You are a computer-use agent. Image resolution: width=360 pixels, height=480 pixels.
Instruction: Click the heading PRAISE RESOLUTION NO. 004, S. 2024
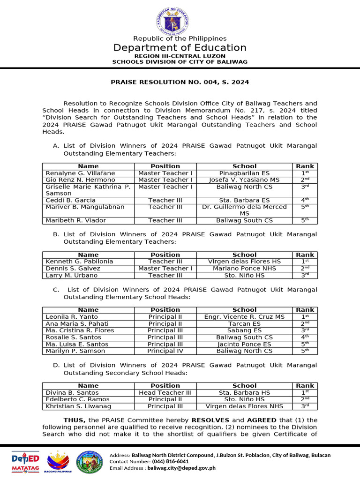(x=180, y=82)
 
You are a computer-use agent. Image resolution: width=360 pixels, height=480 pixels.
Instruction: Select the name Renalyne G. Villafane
(x=80, y=173)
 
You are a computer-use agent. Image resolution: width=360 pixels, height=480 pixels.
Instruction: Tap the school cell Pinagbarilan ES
(x=244, y=173)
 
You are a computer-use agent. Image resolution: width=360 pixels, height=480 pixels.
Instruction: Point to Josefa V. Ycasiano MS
(x=244, y=180)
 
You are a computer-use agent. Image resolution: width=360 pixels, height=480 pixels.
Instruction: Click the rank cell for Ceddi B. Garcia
(x=305, y=200)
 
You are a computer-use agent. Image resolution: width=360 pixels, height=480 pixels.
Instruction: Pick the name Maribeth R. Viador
(x=75, y=220)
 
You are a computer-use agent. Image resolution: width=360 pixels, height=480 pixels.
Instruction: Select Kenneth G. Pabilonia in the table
(x=79, y=262)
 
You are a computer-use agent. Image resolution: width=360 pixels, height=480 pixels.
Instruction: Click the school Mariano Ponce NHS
(x=244, y=269)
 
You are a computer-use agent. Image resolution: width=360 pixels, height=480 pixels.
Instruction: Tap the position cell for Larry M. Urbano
(x=165, y=276)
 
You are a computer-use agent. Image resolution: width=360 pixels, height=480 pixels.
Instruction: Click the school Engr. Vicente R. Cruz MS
(x=244, y=317)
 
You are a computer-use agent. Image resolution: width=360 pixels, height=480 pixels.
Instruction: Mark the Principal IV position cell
(x=165, y=351)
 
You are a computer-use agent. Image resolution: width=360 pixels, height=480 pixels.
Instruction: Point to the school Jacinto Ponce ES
(x=244, y=344)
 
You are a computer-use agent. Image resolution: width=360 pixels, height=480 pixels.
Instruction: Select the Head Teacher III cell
(x=165, y=392)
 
